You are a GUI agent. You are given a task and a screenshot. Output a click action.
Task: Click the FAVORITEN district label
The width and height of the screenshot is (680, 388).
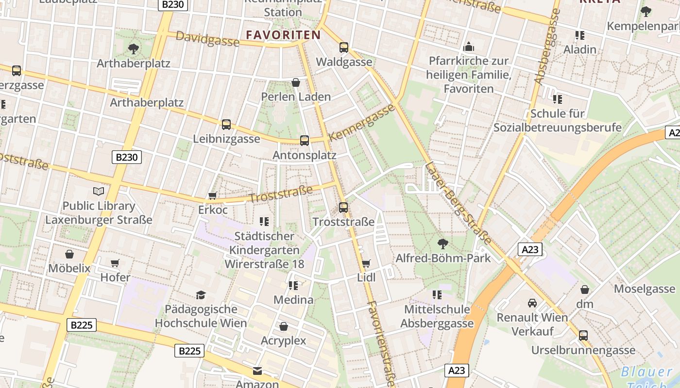pos(283,35)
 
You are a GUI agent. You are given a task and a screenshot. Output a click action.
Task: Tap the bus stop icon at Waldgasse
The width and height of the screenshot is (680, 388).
pos(344,48)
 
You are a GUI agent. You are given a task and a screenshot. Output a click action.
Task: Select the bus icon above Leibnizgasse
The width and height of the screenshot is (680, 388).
pos(226,125)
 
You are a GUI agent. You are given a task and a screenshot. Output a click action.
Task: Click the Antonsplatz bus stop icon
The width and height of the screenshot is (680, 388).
pos(305,141)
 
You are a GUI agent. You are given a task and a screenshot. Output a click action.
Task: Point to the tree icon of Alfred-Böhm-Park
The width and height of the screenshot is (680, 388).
pos(442,243)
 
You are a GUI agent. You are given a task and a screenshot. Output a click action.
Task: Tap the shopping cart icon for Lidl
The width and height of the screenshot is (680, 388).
pos(366,263)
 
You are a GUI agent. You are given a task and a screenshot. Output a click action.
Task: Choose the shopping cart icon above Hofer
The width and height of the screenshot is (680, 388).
pos(115,263)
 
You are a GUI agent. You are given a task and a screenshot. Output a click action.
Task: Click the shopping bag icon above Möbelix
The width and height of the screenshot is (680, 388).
pos(69,254)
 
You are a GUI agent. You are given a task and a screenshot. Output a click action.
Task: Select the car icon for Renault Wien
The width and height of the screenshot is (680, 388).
pos(532,303)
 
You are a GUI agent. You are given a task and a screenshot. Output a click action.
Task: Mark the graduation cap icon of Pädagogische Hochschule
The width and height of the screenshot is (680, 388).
pos(201,295)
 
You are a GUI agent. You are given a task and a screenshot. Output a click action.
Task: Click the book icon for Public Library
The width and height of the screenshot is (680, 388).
pos(99,192)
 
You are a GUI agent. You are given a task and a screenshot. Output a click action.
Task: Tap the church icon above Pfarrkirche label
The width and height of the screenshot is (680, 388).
pos(469,47)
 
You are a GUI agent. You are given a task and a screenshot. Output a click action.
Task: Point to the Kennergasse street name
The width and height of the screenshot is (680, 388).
pos(362,122)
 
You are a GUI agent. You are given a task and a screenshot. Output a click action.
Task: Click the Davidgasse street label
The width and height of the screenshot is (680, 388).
pos(207,39)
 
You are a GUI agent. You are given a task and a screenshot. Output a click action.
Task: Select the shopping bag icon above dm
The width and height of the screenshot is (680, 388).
pos(585,290)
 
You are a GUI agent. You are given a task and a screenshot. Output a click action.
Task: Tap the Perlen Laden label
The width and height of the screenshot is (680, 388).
pos(296,97)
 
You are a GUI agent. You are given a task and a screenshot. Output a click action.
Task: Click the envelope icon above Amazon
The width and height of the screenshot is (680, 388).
pos(257,371)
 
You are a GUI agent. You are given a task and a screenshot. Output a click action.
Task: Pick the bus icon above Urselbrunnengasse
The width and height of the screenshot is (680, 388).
pos(583,335)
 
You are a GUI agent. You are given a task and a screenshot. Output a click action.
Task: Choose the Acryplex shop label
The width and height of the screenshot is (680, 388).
pos(284,340)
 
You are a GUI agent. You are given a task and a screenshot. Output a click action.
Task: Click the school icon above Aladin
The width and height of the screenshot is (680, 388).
pos(579,35)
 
